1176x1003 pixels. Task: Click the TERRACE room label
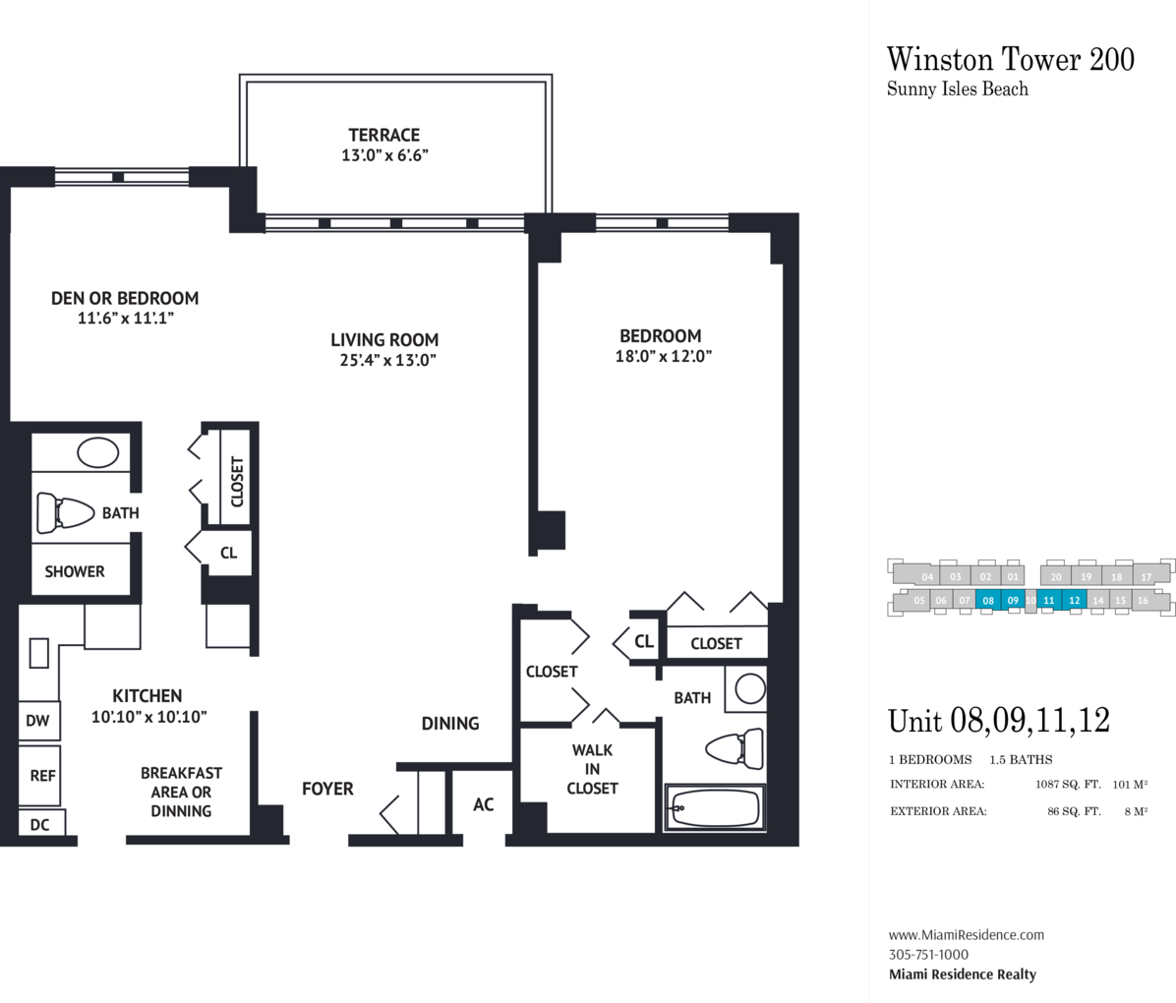click(x=384, y=135)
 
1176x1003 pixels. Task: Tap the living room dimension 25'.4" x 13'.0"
click(x=387, y=360)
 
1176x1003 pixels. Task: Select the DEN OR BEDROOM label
click(x=125, y=299)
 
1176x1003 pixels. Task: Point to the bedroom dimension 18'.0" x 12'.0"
click(x=663, y=356)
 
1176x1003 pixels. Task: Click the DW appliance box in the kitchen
click(x=38, y=720)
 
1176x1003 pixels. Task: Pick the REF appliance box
click(x=39, y=776)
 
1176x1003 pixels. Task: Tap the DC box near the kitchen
click(x=41, y=824)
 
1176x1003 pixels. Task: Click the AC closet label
click(x=484, y=805)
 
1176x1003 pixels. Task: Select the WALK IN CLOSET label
click(x=593, y=769)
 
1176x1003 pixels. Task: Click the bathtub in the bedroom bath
click(x=715, y=808)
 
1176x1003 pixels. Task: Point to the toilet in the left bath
click(x=65, y=512)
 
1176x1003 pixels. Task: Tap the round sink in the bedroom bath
click(x=750, y=688)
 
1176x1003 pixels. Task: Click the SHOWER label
click(x=75, y=571)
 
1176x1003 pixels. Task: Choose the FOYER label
click(x=327, y=790)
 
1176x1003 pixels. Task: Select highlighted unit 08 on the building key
click(x=988, y=600)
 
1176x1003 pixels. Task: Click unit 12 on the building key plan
click(x=1075, y=600)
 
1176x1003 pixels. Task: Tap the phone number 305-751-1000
click(x=928, y=954)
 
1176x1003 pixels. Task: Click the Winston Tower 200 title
click(x=1010, y=59)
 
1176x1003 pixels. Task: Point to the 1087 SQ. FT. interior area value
click(x=1068, y=785)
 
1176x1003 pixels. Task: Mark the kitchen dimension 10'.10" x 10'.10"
click(x=149, y=717)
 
